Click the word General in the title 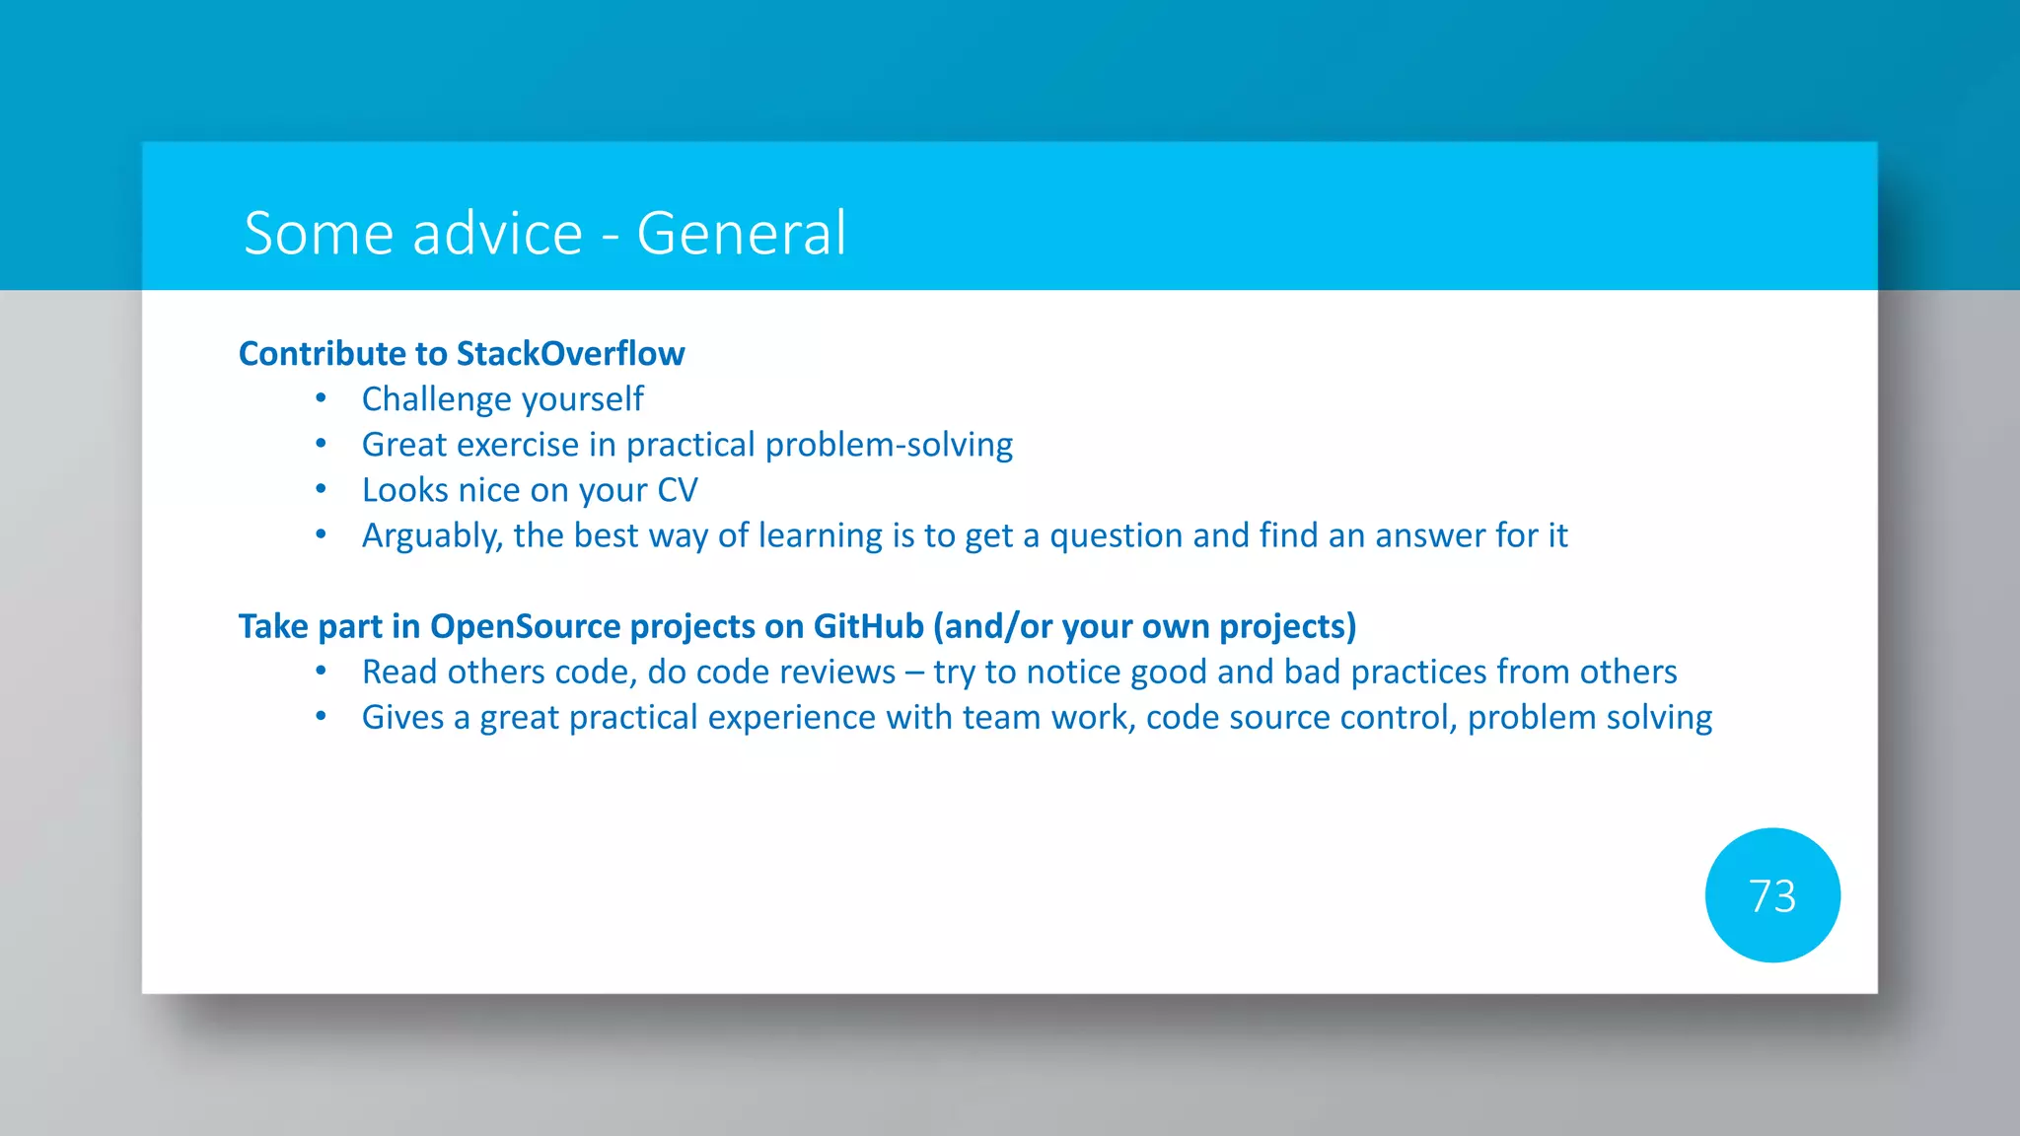click(741, 234)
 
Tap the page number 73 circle click(1771, 895)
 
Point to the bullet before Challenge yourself click(321, 398)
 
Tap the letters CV click(677, 490)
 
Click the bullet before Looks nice click(321, 489)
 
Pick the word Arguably click(432, 535)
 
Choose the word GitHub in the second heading click(867, 626)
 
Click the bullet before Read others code click(321, 672)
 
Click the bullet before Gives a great click(321, 717)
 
